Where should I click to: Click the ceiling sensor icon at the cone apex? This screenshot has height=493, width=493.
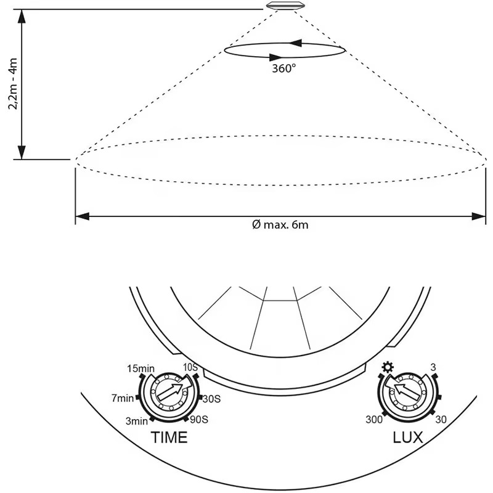pyautogui.click(x=285, y=6)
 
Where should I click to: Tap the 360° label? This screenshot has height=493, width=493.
pyautogui.click(x=283, y=68)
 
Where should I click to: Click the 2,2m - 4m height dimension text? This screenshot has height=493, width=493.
pyautogui.click(x=13, y=84)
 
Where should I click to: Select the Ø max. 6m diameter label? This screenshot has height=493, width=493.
pyautogui.click(x=280, y=225)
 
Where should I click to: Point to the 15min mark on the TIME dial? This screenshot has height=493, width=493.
pyautogui.click(x=141, y=369)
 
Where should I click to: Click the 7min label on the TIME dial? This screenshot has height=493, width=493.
pyautogui.click(x=123, y=398)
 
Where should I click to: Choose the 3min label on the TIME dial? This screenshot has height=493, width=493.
pyautogui.click(x=136, y=421)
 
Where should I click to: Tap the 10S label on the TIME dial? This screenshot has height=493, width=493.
pyautogui.click(x=190, y=367)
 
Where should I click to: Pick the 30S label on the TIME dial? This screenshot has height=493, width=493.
pyautogui.click(x=211, y=399)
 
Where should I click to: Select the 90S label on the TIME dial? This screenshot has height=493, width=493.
pyautogui.click(x=199, y=420)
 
